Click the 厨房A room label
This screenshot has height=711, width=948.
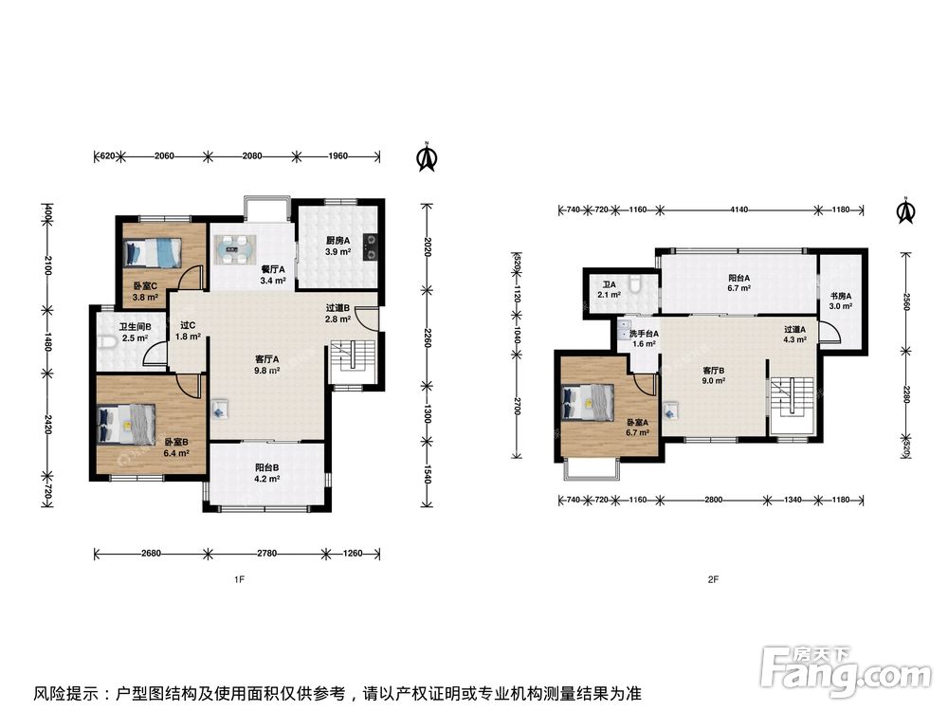coord(338,240)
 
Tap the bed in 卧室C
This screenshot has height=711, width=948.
coord(153,252)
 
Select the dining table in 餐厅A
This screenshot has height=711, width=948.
coord(235,249)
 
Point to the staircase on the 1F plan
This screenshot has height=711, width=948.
coord(353,361)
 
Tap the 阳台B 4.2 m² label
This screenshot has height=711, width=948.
coord(266,473)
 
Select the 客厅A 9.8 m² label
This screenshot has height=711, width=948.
coord(266,365)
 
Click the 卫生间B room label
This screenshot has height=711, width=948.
coord(135,327)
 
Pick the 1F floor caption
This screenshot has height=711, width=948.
coord(239,579)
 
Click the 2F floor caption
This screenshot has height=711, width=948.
coord(713,579)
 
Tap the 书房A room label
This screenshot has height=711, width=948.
coord(840,296)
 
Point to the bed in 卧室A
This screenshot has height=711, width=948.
coord(589,402)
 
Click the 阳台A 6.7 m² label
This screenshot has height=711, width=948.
coord(738,283)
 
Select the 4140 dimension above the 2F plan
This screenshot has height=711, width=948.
coord(738,210)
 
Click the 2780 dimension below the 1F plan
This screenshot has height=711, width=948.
coord(266,553)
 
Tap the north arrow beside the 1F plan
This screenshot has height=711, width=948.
coord(427,156)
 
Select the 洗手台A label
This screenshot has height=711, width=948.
coord(644,334)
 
